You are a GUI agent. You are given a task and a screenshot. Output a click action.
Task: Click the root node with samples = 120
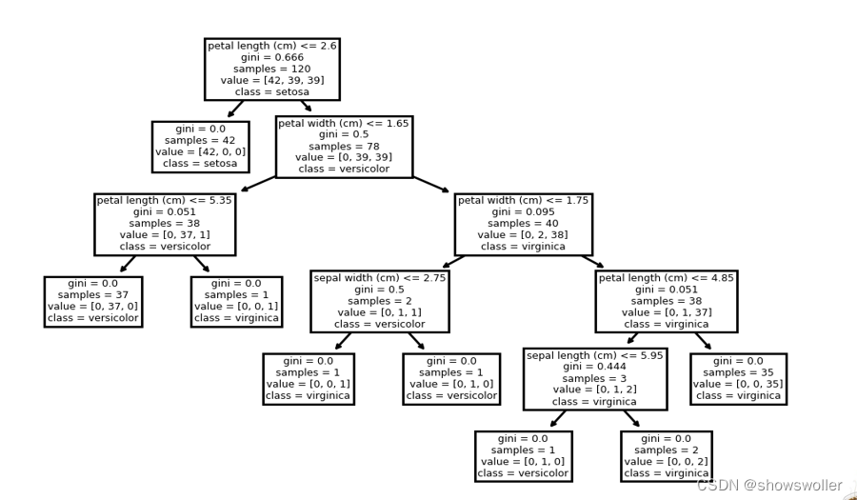271,70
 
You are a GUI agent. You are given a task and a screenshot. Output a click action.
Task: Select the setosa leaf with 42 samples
200,147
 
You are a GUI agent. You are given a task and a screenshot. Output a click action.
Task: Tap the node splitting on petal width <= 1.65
344,147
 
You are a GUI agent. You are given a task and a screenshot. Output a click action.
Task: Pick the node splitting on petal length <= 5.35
165,224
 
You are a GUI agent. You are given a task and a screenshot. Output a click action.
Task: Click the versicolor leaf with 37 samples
93,301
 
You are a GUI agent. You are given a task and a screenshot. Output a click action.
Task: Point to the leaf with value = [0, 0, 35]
738,378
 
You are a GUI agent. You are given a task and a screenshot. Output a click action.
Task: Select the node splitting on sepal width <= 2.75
379,301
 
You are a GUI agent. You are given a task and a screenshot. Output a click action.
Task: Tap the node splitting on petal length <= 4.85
666,301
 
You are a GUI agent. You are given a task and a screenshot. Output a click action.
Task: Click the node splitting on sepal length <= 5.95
594,378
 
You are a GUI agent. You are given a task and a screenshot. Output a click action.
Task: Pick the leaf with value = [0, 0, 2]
666,455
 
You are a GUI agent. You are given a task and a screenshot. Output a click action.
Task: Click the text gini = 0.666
271,57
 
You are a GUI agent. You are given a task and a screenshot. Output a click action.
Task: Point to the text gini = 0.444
594,366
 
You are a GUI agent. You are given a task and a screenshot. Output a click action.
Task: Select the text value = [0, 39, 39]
344,158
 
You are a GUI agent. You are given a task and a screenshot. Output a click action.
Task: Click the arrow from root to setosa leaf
235,110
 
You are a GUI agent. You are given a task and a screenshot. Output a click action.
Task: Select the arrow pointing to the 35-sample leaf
703,341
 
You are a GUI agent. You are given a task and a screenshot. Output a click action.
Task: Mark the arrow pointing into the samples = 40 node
430,185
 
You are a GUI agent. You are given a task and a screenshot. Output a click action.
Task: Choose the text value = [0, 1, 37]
666,312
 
